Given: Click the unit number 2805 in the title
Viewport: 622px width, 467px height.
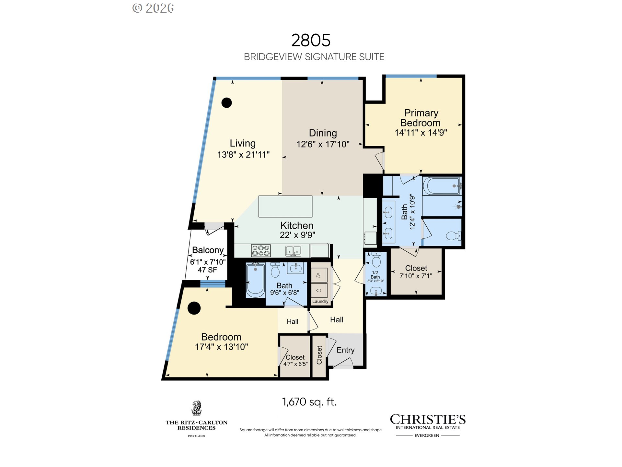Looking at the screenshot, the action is (x=311, y=41).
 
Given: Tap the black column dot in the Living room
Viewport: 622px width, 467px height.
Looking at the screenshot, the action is (x=227, y=103).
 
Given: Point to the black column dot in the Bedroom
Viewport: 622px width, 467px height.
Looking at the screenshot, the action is (x=194, y=308).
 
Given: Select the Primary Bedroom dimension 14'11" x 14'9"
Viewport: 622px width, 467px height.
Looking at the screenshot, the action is (x=421, y=132).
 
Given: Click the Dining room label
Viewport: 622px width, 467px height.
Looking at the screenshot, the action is (x=323, y=133).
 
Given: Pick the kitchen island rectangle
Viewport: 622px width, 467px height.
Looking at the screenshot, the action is (x=285, y=206).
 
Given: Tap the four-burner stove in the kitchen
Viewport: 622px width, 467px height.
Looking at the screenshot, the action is (x=261, y=251).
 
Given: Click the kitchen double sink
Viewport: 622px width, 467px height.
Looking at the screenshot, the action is (x=293, y=251).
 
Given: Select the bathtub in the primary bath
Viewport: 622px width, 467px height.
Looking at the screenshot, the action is (x=442, y=186).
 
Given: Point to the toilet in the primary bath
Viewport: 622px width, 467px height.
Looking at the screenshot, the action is (x=453, y=235).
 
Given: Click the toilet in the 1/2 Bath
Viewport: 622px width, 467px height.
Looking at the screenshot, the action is (x=376, y=259).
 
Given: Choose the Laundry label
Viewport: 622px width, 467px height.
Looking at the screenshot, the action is (x=320, y=301).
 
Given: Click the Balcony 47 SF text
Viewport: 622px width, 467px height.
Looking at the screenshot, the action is (x=207, y=270).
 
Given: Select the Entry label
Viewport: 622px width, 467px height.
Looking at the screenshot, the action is (x=345, y=350).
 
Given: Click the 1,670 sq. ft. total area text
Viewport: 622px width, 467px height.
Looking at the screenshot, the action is (x=309, y=402).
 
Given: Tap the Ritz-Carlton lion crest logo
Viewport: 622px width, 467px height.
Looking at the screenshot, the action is (x=196, y=408).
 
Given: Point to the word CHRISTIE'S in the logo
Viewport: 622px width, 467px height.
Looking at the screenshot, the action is (x=428, y=419).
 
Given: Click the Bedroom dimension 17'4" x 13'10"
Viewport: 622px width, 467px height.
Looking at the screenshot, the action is (x=222, y=347).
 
